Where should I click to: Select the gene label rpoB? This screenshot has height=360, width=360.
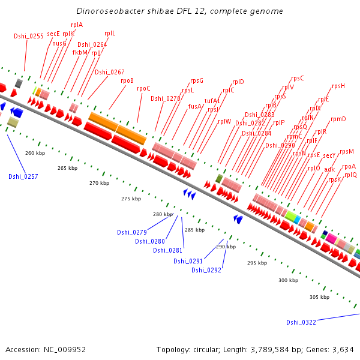click(x=127, y=80)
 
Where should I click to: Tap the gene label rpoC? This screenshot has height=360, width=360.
click(x=143, y=88)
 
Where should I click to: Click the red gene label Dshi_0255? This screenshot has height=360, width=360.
click(x=29, y=36)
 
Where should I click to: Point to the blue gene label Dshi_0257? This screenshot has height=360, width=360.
click(x=23, y=176)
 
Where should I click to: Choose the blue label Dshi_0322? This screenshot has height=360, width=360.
click(x=301, y=322)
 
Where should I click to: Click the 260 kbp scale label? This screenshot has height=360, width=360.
click(x=35, y=153)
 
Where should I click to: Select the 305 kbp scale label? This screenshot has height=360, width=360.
click(x=319, y=297)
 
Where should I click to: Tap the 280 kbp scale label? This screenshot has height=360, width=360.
click(x=163, y=214)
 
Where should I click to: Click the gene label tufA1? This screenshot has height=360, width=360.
click(x=212, y=101)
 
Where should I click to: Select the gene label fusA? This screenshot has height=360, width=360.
click(x=195, y=106)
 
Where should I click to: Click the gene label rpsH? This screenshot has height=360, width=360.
click(x=338, y=86)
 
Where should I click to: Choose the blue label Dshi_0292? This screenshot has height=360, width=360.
click(x=206, y=270)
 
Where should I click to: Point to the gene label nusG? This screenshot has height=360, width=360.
click(x=59, y=43)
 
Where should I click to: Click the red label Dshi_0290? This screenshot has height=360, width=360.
click(x=280, y=145)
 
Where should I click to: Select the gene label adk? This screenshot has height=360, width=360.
click(x=330, y=169)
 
